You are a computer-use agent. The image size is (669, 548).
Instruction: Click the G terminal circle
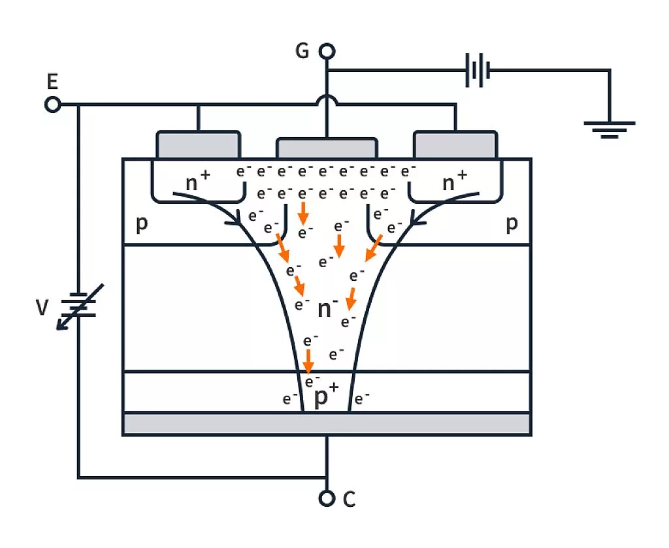327,51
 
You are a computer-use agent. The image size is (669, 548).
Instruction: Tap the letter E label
52,82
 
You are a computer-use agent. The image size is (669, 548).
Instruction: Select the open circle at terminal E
52,105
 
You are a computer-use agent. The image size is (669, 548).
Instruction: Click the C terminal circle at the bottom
327,498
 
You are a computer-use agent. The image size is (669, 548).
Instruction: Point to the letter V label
42,307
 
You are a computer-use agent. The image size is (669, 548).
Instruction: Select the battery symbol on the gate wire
478,70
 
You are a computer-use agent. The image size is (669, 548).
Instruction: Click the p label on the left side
141,224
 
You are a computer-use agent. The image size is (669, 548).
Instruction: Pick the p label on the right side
512,224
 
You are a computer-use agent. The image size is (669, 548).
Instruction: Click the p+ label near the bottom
326,396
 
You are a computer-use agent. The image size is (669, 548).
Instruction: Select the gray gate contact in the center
327,148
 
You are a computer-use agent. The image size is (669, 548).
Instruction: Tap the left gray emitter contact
198,144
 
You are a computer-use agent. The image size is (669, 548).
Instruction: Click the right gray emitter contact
455,144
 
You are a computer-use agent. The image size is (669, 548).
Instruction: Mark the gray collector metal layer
327,423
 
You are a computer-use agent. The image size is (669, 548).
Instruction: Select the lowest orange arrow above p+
308,359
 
